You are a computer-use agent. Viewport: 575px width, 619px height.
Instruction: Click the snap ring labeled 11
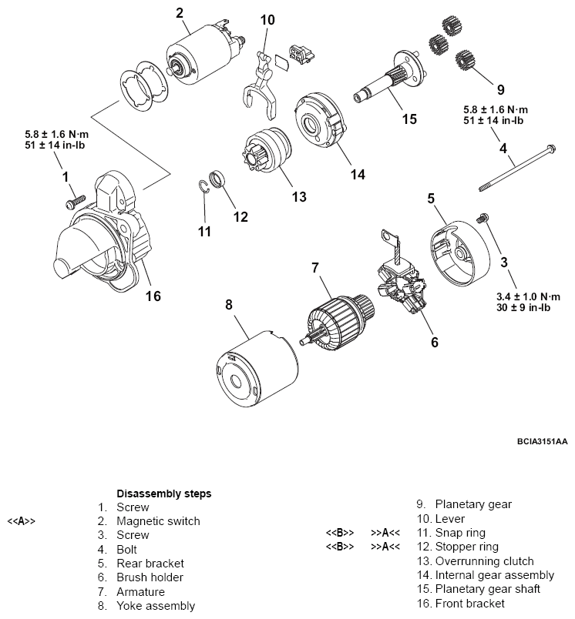point(204,189)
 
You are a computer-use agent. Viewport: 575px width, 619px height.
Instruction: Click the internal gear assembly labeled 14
point(321,119)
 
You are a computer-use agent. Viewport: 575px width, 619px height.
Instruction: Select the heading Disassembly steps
point(163,493)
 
